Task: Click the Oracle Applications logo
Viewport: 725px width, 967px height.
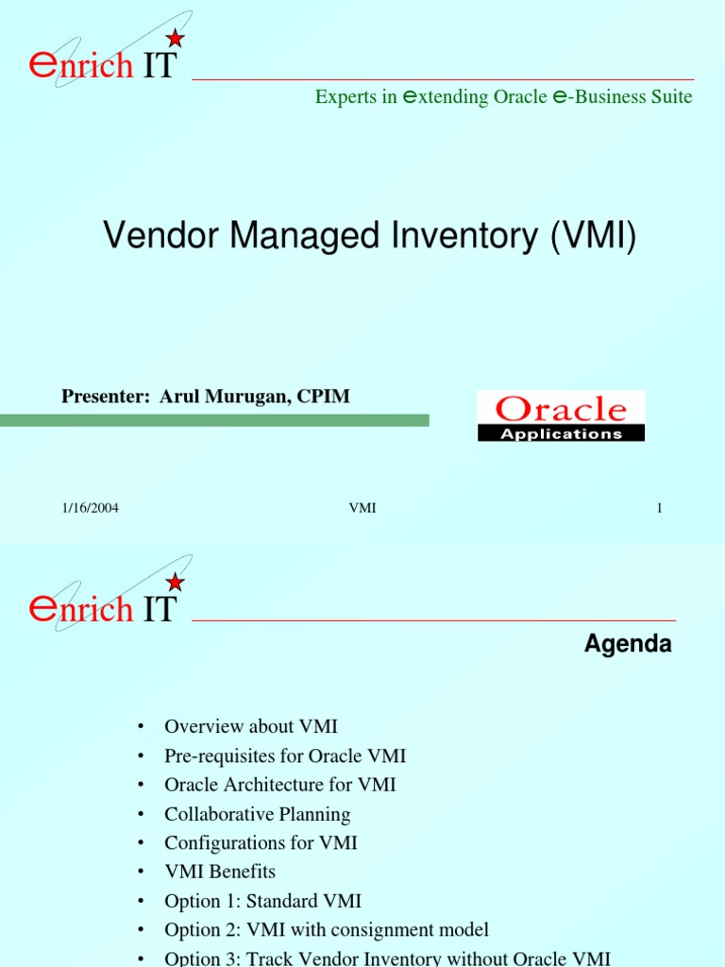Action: [561, 416]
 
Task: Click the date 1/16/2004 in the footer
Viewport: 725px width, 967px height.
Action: [90, 509]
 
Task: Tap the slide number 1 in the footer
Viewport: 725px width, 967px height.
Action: [660, 509]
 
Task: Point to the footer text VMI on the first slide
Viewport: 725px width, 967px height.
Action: [362, 509]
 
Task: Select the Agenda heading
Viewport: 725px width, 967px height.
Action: [628, 645]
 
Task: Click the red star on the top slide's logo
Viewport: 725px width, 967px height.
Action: [175, 38]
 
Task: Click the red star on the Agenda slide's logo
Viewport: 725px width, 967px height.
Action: [175, 583]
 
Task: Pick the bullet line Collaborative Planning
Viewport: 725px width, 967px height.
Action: [257, 814]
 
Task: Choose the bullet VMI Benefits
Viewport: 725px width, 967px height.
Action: [220, 872]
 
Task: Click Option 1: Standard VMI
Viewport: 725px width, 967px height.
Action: [262, 901]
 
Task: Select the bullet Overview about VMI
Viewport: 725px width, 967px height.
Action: [250, 726]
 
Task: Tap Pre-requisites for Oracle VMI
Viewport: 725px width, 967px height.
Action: [285, 755]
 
